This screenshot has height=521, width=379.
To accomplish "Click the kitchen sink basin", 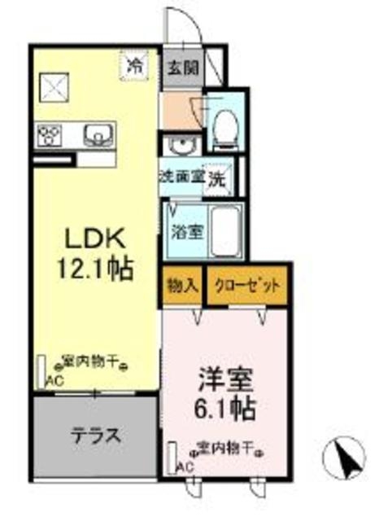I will coord(98,134).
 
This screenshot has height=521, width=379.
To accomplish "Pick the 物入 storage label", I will coord(181,286).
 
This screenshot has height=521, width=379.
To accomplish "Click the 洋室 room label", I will coord(226,380).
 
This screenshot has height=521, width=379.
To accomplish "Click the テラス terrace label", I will coord(96,435).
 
